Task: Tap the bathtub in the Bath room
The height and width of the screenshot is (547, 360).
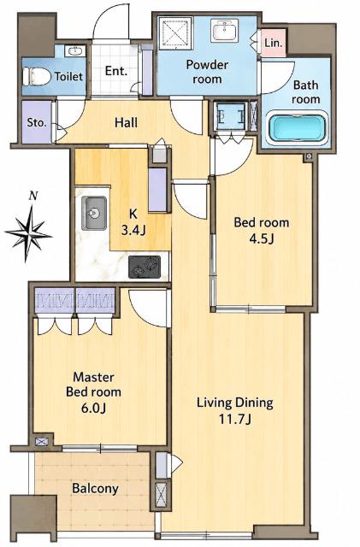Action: (x=297, y=128)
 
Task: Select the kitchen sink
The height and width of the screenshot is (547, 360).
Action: (x=94, y=213)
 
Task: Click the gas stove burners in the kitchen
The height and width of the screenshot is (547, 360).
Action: (x=145, y=267)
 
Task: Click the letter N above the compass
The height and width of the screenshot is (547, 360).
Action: (x=33, y=196)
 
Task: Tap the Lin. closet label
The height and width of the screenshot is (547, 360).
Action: (x=273, y=44)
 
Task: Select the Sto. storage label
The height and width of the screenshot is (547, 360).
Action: (x=36, y=122)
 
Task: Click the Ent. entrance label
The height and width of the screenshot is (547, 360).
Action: (x=116, y=71)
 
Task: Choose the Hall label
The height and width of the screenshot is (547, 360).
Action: (x=126, y=122)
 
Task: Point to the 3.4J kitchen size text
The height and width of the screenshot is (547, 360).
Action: (x=133, y=230)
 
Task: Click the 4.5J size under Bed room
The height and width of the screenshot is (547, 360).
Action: (x=261, y=238)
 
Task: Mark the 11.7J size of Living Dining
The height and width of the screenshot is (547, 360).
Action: (x=234, y=419)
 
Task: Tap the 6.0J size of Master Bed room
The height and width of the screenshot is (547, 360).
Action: (x=93, y=407)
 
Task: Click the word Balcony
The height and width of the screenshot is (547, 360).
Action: (x=95, y=488)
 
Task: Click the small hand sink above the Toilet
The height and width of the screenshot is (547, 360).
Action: (x=74, y=51)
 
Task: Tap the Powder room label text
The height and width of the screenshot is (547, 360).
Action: (x=208, y=72)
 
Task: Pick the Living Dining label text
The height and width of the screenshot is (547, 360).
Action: (x=235, y=403)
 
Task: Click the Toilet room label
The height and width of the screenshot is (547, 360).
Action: (x=68, y=76)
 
